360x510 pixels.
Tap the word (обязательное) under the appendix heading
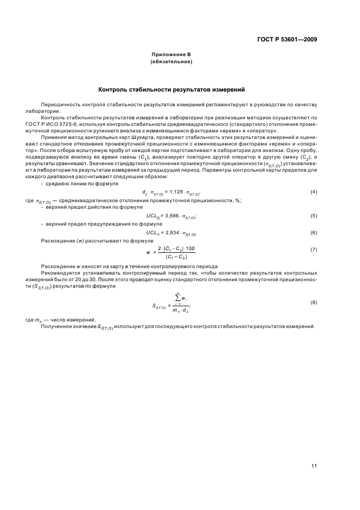[x=171, y=63]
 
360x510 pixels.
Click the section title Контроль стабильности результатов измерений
[x=171, y=89]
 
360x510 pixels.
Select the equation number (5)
[x=314, y=216]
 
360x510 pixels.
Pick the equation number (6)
[x=314, y=233]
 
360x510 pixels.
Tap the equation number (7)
[x=314, y=250]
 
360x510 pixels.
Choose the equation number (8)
[x=314, y=302]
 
